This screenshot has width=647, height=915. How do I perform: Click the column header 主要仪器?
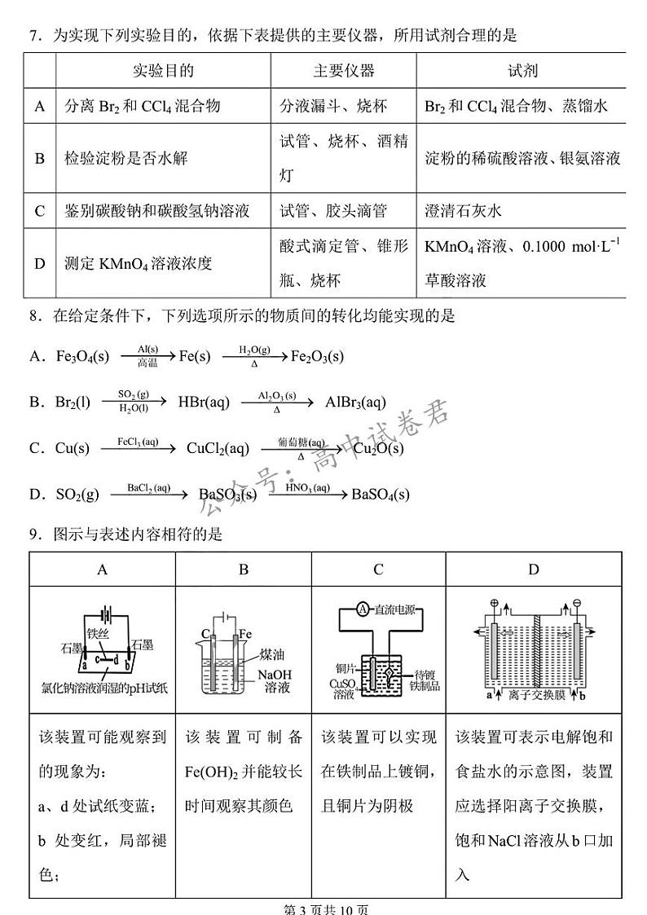(x=344, y=72)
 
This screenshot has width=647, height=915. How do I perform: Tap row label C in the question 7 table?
(x=39, y=212)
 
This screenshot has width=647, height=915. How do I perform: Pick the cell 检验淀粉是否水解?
(x=125, y=158)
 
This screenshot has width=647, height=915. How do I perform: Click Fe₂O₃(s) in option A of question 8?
(x=317, y=356)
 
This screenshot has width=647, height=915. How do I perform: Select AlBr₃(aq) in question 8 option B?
(x=355, y=402)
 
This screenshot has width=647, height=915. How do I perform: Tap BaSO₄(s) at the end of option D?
(x=381, y=494)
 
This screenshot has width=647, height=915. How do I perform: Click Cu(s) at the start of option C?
(x=72, y=448)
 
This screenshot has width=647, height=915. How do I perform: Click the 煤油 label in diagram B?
(x=271, y=656)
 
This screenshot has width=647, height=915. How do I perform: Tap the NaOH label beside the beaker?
(x=274, y=674)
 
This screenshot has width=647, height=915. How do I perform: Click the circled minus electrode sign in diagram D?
(x=575, y=605)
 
